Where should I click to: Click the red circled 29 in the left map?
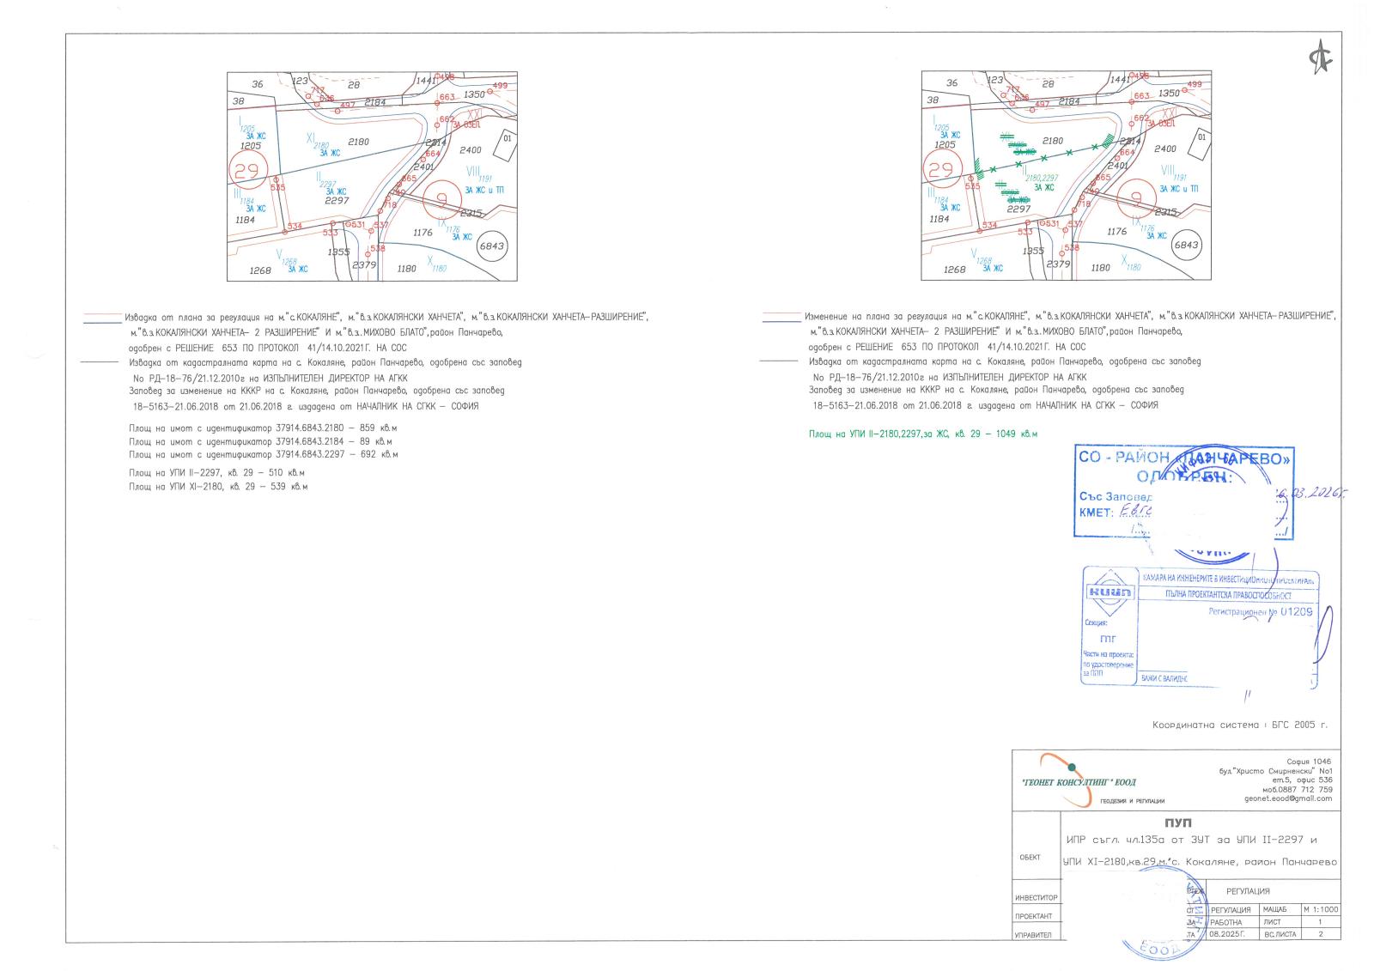[x=246, y=170]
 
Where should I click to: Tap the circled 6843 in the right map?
[x=1186, y=246]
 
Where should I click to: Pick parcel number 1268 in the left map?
[x=259, y=270]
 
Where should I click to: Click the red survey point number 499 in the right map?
[x=1195, y=84]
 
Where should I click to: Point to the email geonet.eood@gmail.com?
[x=1288, y=798]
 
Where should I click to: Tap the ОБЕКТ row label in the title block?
[x=1030, y=857]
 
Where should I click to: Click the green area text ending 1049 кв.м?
[x=922, y=434]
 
